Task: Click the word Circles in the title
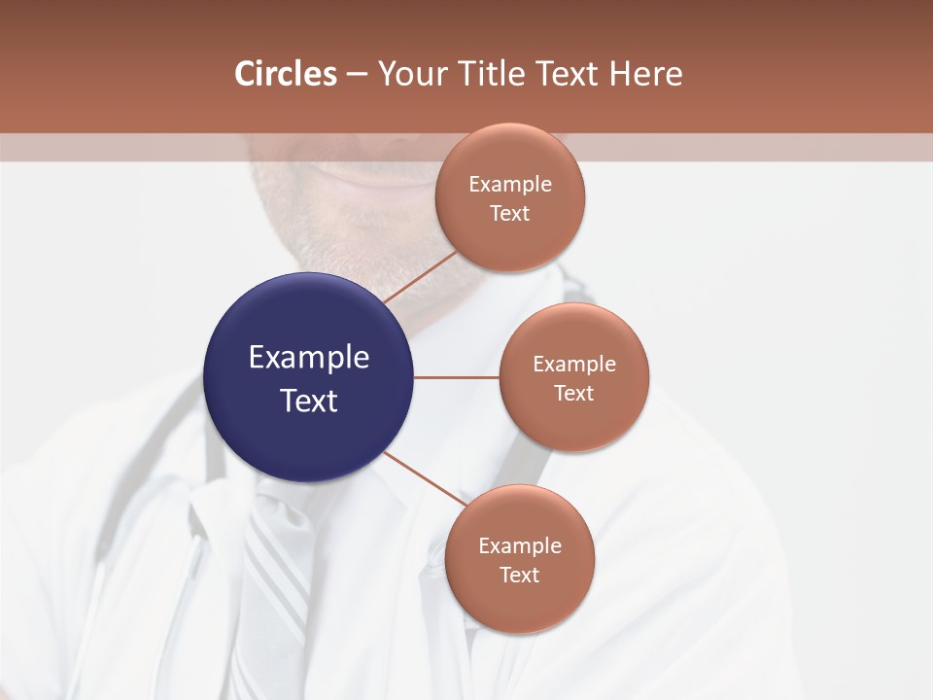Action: pos(285,74)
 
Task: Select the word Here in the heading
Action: pos(645,74)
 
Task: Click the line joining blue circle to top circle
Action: pos(421,277)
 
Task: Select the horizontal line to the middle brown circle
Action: pos(456,377)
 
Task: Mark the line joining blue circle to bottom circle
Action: pos(426,478)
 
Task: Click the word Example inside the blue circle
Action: pos(308,358)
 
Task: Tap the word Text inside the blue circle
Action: pos(308,401)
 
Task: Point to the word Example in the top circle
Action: pos(509,185)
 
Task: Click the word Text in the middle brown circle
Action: pos(573,393)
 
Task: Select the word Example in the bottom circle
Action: pos(519,545)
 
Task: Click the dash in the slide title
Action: pos(357,74)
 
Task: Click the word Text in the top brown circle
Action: pos(509,214)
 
